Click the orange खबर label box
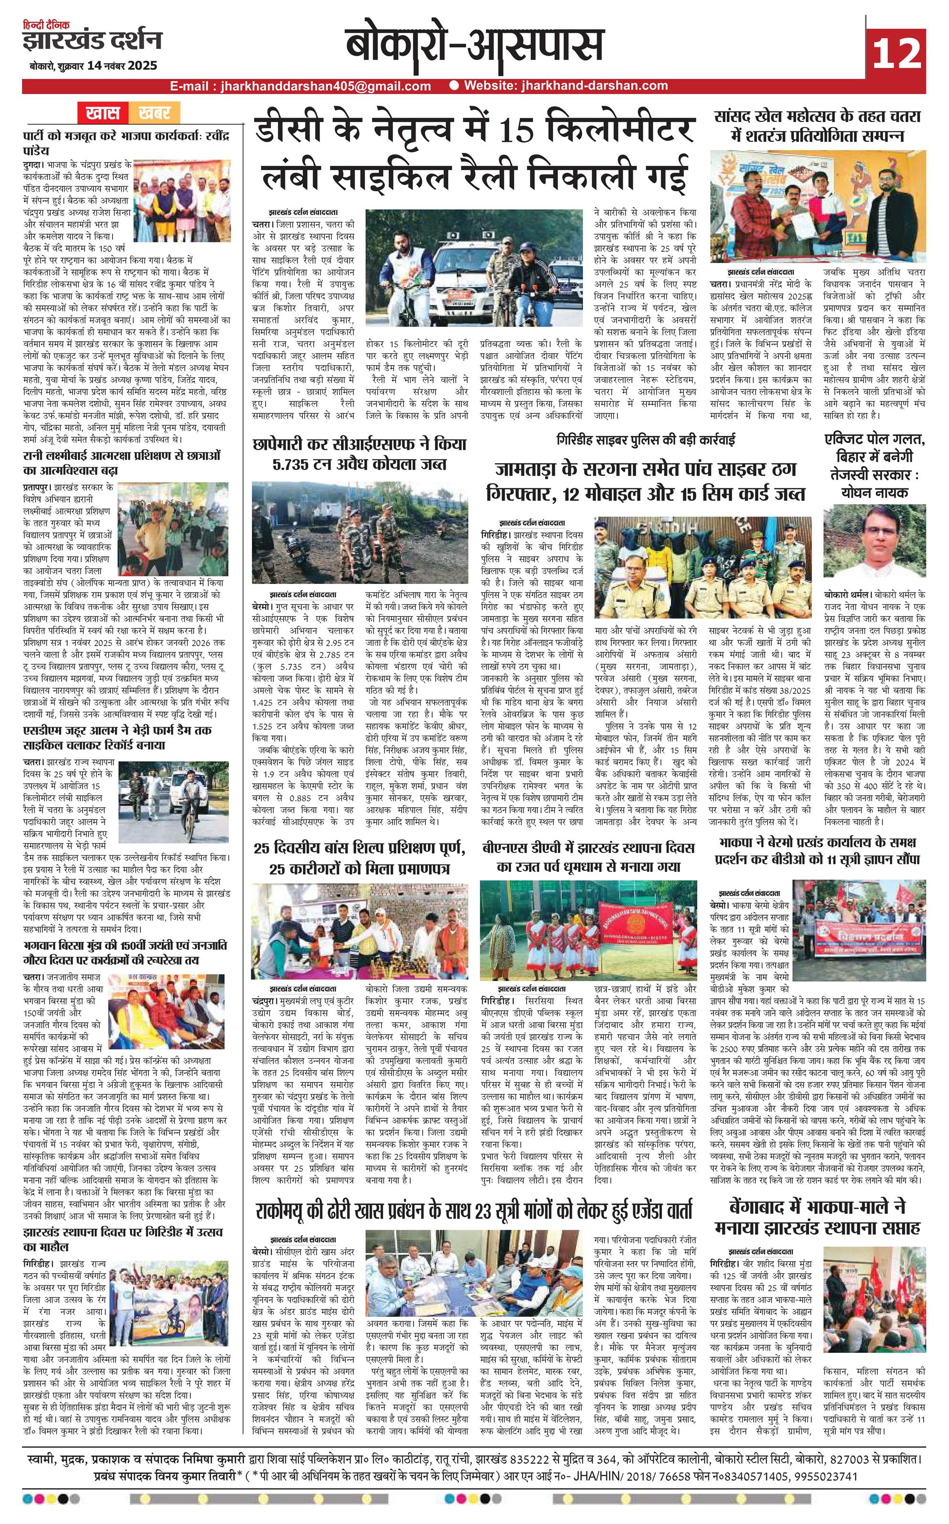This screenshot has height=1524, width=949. (154, 113)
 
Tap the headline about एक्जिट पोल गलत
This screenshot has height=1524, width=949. (874, 464)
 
